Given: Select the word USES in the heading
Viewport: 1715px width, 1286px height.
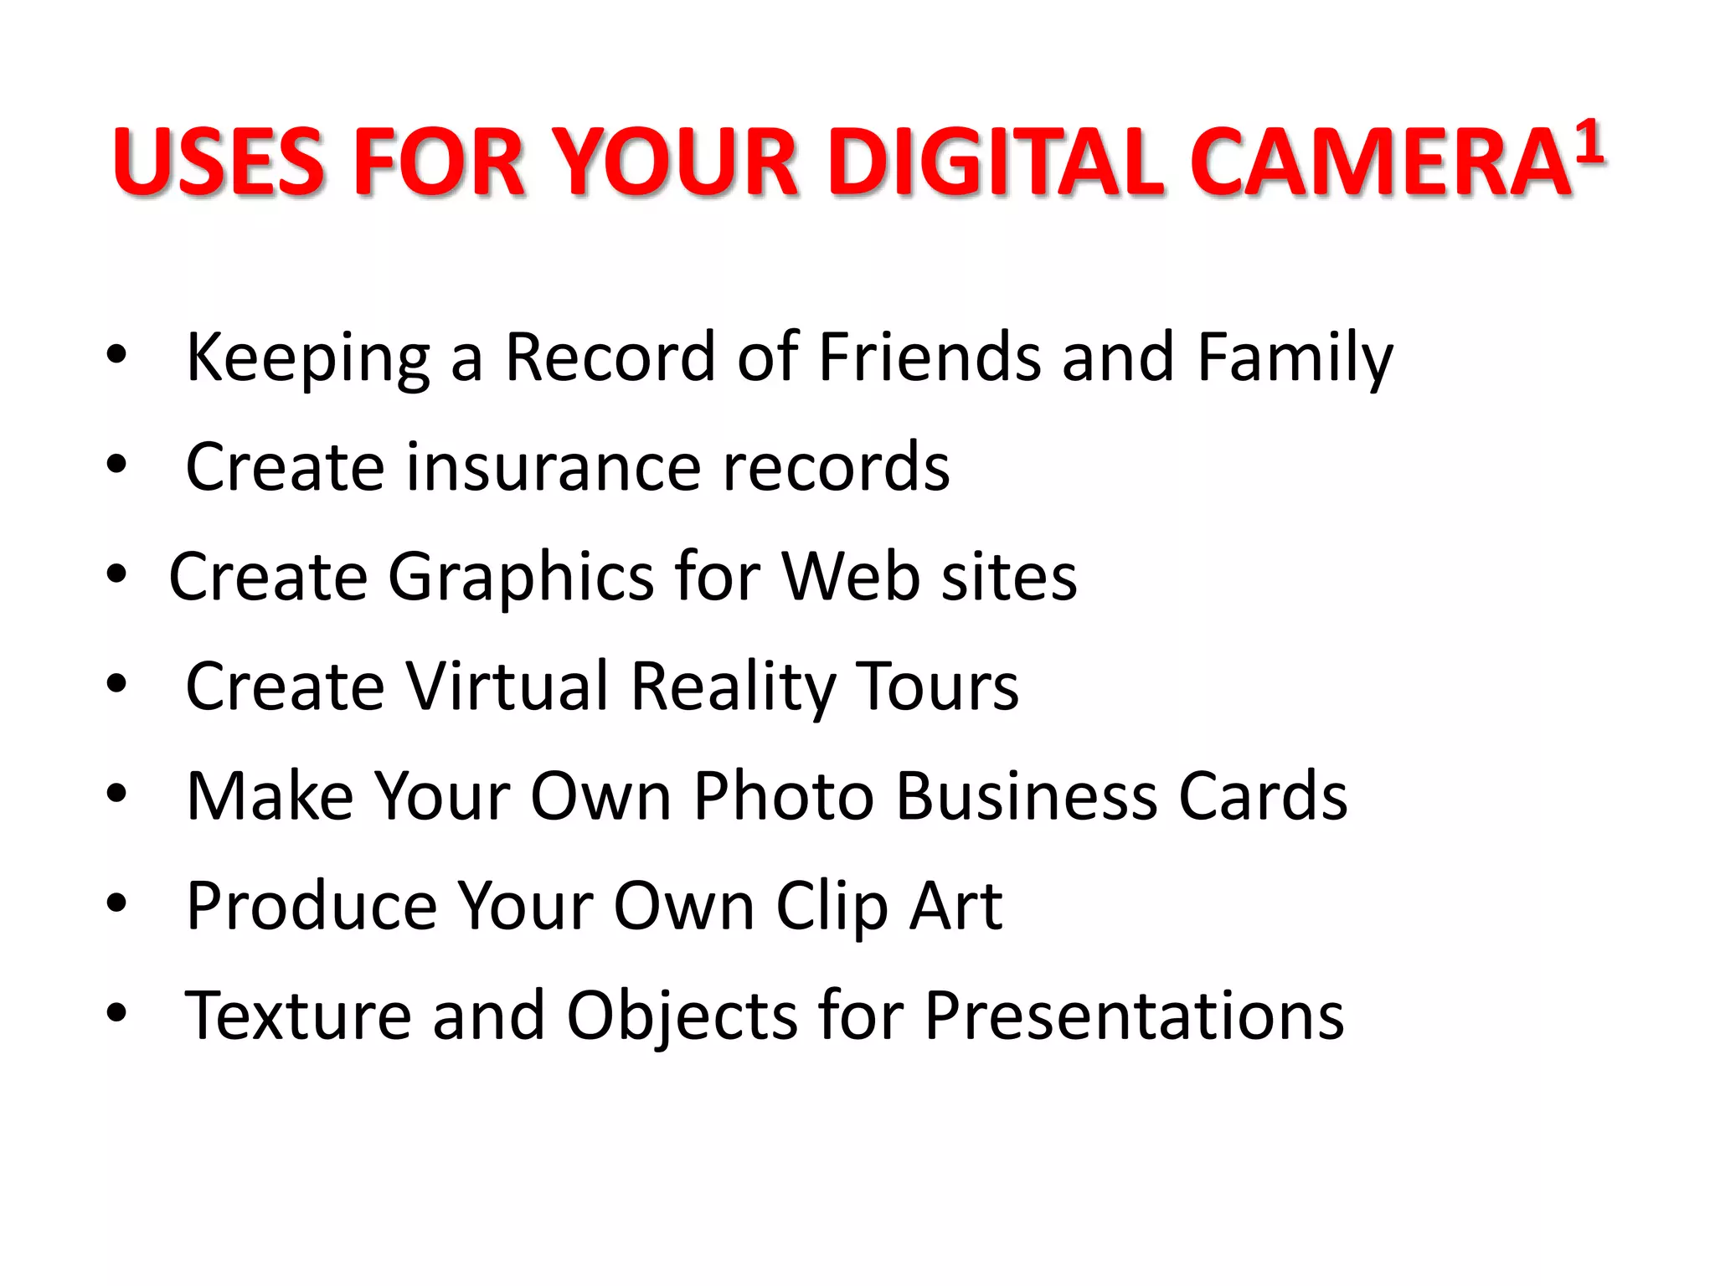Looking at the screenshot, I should pos(219,162).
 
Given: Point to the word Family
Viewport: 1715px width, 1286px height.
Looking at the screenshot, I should pos(1295,358).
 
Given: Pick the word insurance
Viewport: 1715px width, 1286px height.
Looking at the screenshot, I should pos(554,467).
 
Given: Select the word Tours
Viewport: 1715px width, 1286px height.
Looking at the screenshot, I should pos(936,687).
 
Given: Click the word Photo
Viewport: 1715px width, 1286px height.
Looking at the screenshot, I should pos(784,795).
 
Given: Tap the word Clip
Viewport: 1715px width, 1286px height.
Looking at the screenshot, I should pos(831,908).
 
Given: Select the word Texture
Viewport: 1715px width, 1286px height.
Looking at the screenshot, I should pos(298,1016).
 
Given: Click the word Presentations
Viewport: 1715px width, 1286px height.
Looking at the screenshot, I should pos(1134,1016).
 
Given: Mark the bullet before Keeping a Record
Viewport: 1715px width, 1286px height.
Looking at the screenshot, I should pos(116,355).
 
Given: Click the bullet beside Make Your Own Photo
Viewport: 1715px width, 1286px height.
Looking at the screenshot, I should pos(116,793).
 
